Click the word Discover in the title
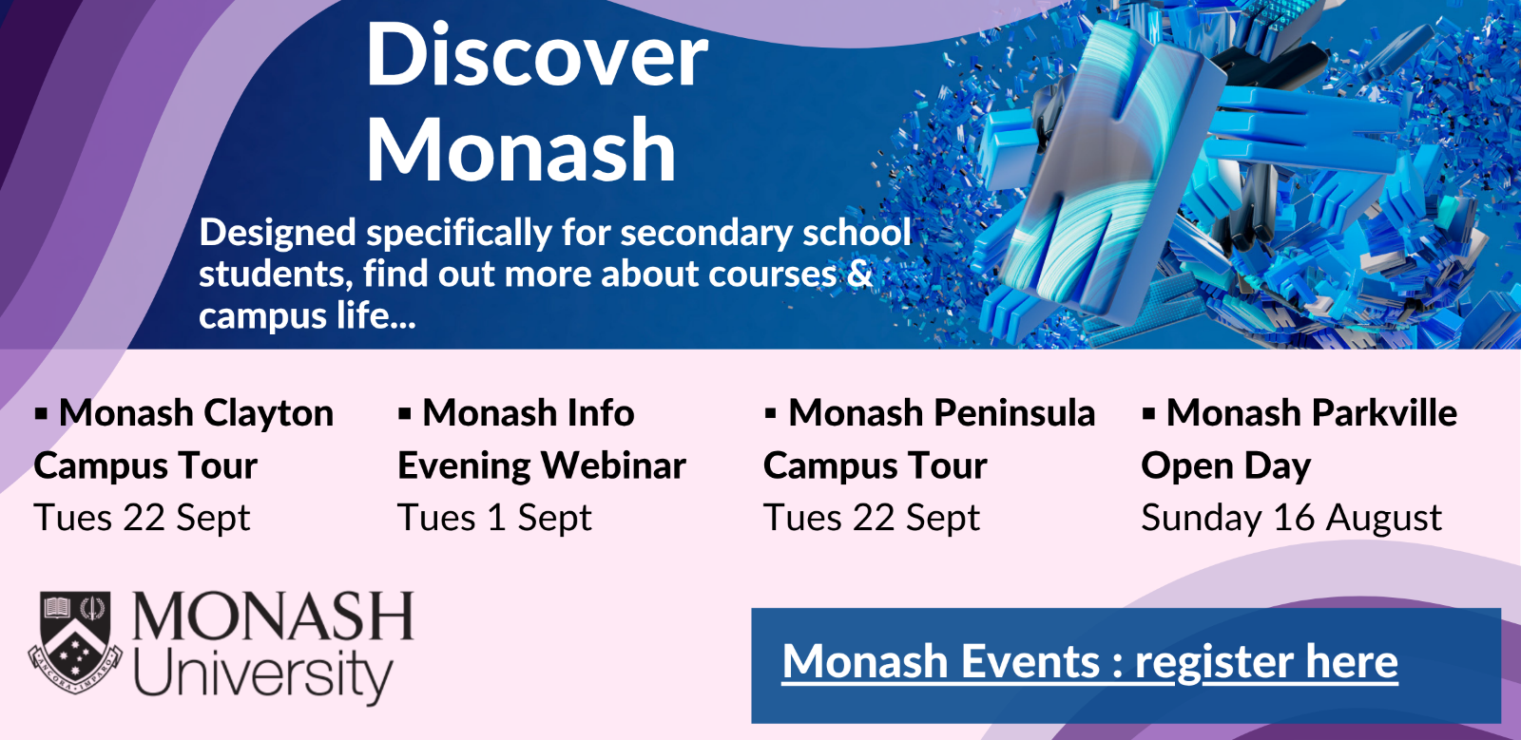click(537, 56)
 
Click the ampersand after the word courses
click(859, 274)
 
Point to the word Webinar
click(613, 465)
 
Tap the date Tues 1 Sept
click(494, 519)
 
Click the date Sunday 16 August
click(1291, 519)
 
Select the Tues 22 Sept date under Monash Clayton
click(142, 519)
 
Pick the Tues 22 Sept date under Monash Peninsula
click(871, 519)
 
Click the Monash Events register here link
click(1089, 662)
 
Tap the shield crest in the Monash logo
click(75, 638)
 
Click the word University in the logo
click(263, 674)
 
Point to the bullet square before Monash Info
click(405, 413)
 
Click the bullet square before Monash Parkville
click(1148, 413)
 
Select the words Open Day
click(1225, 466)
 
